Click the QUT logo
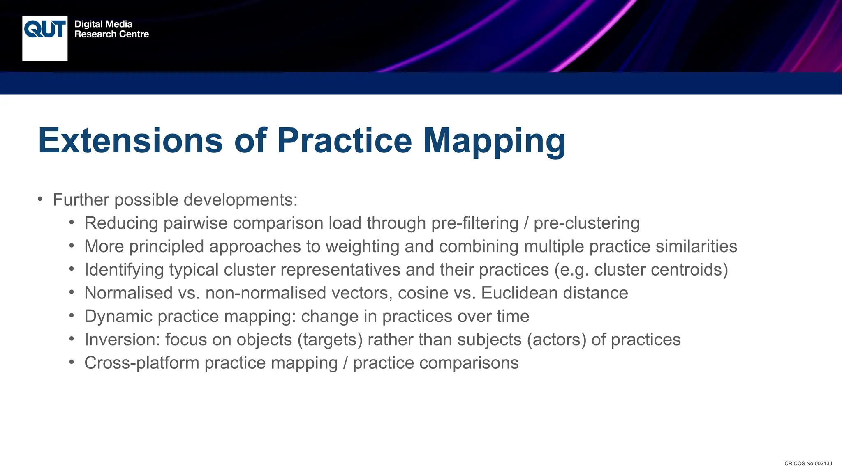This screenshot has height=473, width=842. (45, 38)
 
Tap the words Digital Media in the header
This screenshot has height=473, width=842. (103, 24)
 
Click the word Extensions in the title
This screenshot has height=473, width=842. (130, 141)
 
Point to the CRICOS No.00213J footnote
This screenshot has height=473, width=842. (808, 464)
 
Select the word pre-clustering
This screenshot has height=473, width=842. (587, 223)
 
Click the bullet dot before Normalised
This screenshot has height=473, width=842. (72, 292)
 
